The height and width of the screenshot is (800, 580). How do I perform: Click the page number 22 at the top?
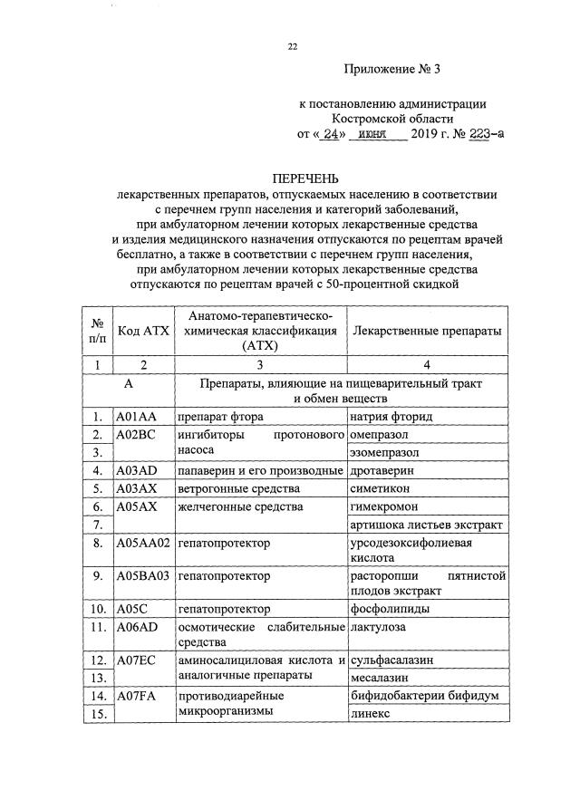point(292,46)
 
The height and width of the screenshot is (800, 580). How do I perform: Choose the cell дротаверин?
point(382,471)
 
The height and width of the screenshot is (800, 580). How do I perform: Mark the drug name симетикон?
point(381,489)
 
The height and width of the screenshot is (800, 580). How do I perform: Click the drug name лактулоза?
point(380,627)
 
